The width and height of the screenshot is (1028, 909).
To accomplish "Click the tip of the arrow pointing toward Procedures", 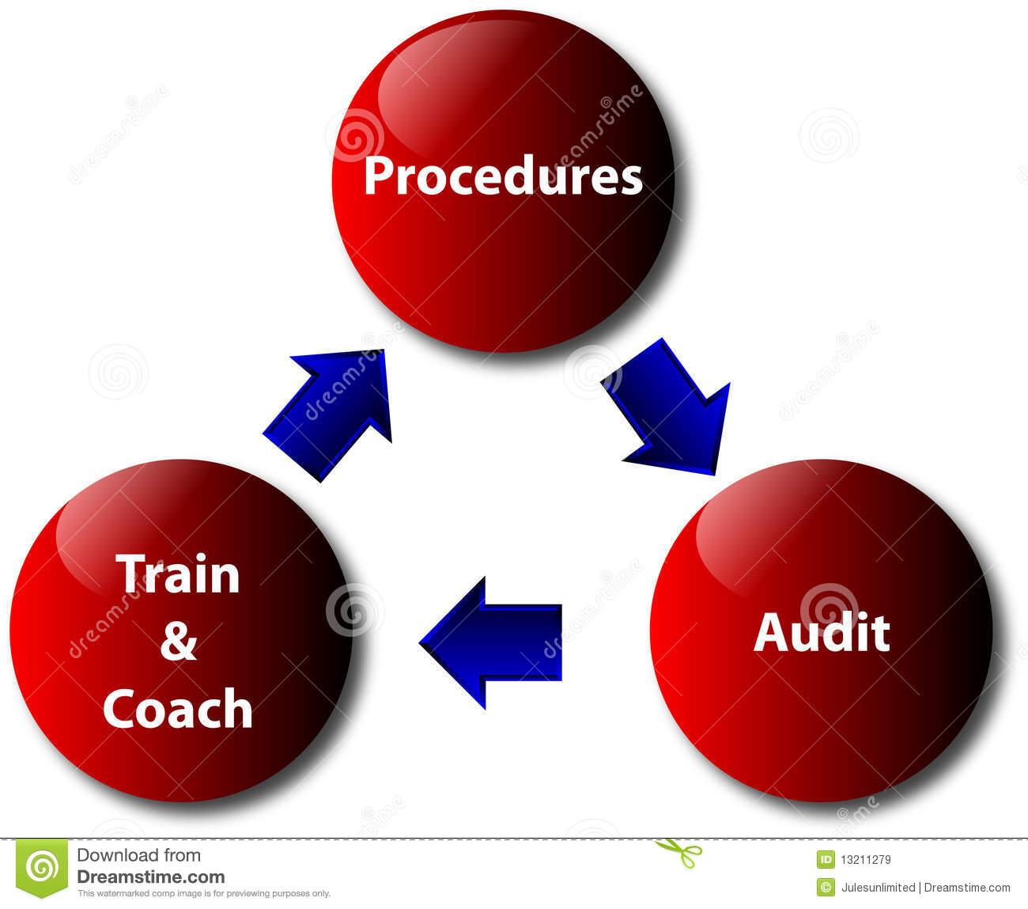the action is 384,350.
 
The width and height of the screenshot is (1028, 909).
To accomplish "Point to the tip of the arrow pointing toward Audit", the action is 714,475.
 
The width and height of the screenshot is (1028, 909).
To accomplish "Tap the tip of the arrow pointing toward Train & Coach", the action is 419,643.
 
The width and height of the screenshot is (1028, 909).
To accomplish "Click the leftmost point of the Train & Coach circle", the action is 10,631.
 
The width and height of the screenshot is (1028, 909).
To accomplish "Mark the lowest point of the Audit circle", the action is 821,802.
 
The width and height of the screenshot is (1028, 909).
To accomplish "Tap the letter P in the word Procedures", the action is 377,176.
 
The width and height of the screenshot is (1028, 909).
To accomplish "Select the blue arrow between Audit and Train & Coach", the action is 490,643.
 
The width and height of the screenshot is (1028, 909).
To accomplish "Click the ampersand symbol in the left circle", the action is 179,642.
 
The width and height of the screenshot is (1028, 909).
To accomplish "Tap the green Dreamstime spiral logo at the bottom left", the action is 42,868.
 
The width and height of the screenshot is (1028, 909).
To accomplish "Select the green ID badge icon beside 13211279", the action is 826,859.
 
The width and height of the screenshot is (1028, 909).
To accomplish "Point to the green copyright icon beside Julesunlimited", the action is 826,887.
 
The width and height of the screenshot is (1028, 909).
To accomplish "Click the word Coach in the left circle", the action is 178,709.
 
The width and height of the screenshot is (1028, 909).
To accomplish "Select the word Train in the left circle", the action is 178,574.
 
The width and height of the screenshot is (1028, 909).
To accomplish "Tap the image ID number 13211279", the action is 865,859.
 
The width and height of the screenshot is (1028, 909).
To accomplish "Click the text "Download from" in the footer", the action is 139,854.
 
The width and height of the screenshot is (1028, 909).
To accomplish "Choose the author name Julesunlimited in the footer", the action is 878,887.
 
